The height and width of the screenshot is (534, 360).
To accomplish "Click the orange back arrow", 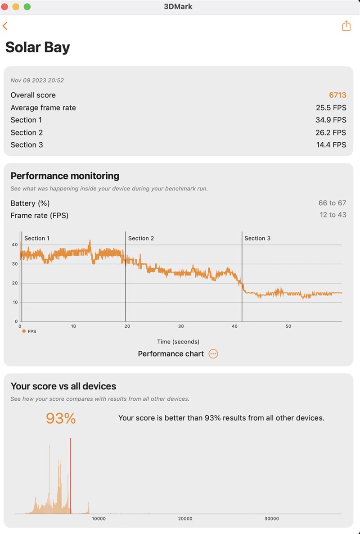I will [5, 26].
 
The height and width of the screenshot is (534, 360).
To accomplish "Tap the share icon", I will [346, 26].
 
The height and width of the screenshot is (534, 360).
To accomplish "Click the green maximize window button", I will [27, 7].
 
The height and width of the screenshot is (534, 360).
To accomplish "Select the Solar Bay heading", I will [38, 47].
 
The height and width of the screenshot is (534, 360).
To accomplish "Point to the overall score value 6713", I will [337, 95].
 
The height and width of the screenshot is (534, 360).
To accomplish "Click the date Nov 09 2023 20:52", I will [37, 81].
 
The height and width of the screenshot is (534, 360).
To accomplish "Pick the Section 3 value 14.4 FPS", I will [331, 145].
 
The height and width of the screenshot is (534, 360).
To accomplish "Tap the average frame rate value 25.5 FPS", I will [331, 108].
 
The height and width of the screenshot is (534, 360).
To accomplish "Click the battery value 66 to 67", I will [332, 203].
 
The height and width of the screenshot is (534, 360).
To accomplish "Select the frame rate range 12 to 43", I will [333, 215].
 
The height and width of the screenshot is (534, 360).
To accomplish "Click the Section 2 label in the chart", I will [141, 238].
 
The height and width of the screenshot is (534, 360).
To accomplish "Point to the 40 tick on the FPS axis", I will [15, 244].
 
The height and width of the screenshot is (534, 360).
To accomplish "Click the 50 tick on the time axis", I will [288, 326].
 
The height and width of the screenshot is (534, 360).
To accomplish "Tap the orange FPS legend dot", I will [24, 331].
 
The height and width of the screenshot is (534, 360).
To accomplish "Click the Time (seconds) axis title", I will [178, 342].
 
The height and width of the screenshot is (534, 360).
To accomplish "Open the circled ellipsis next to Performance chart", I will [213, 354].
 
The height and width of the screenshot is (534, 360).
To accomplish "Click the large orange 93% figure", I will [61, 418].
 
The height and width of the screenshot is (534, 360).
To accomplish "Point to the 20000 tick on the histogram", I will [185, 519].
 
